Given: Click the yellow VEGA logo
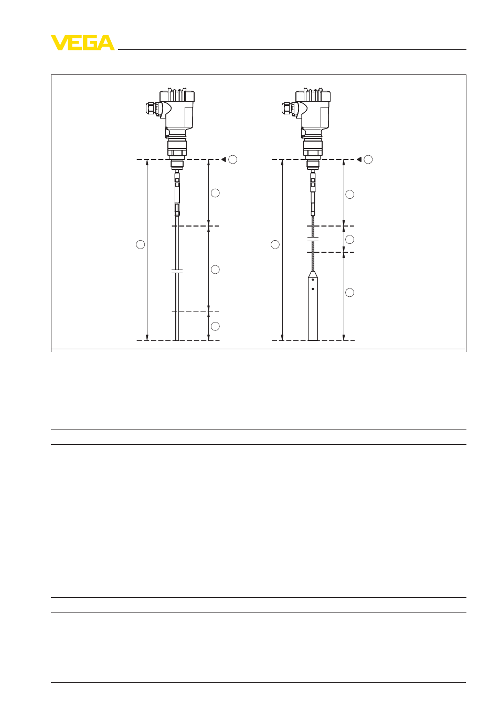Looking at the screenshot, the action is coord(82,42).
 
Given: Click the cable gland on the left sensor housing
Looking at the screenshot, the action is coord(152,108).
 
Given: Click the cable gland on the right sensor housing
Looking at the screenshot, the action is coord(288,108).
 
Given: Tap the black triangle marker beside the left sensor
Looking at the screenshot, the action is coord(224,159).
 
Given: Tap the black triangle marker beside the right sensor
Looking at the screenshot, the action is coord(359,159).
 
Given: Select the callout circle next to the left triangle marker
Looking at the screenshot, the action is coord(233,159).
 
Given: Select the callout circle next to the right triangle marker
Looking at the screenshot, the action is coord(368,159).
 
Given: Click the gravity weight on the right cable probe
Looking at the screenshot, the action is coord(313,305).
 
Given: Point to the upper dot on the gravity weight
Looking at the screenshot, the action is coord(313,280).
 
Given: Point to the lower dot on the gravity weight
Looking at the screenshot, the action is coord(313,289).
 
